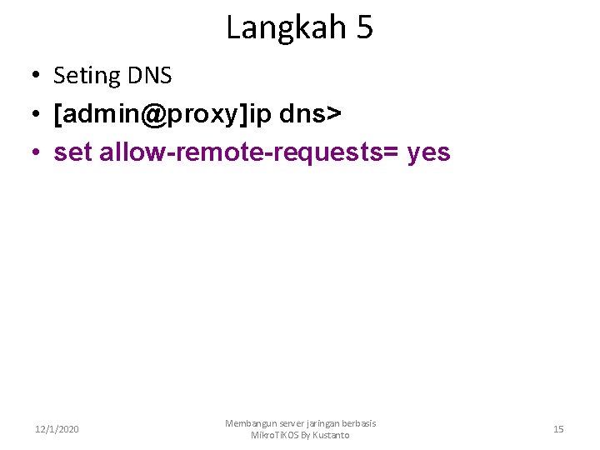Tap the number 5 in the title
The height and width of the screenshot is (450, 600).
(x=364, y=28)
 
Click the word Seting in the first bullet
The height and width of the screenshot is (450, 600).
(x=87, y=76)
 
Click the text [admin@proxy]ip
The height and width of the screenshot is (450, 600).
(x=162, y=114)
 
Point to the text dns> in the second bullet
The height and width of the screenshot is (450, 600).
(x=310, y=114)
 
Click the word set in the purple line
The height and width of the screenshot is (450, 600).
(x=72, y=152)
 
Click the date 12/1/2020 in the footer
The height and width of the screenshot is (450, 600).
(x=57, y=429)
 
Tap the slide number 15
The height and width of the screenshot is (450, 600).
(x=558, y=429)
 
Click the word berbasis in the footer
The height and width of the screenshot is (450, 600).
(x=362, y=423)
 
